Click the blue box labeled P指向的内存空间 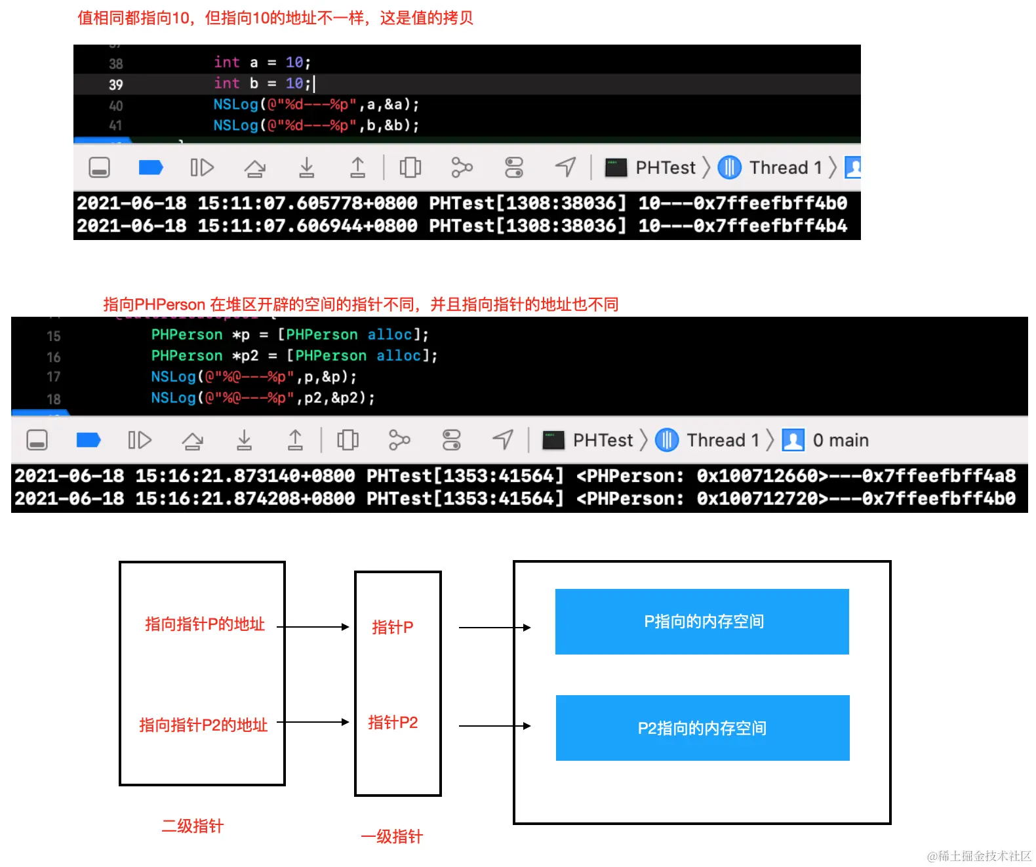pos(701,621)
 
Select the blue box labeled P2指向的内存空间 pos(702,727)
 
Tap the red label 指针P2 pos(393,721)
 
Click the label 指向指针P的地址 pos(205,623)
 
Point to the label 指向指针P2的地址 pos(203,724)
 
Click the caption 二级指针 pos(193,825)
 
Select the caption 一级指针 pos(391,836)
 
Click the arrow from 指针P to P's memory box pos(494,628)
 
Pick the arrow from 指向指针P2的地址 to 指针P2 pos(313,721)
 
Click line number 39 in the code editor pos(115,85)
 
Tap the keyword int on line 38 pos(226,62)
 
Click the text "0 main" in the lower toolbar pos(840,439)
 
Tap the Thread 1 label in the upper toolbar pos(786,167)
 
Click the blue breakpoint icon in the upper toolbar pos(150,167)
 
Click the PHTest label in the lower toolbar pos(603,439)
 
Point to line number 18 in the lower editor pos(53,399)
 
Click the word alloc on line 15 pos(389,334)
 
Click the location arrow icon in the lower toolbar pos(503,439)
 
